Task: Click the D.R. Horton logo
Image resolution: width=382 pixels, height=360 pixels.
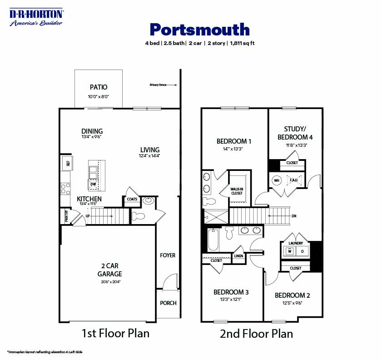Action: [x=36, y=17]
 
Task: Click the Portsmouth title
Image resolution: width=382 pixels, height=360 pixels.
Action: [x=199, y=30]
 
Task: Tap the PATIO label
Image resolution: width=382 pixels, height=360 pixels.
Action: [x=99, y=87]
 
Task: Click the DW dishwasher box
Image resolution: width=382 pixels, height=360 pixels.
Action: [x=93, y=184]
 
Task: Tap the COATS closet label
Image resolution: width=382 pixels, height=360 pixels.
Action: [x=132, y=199]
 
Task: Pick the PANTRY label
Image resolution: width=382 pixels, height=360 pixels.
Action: [x=66, y=216]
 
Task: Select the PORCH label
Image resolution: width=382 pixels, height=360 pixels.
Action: [x=168, y=303]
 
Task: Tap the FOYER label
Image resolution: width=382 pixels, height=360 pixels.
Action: [x=168, y=255]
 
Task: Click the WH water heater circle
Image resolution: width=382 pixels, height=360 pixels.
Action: [x=276, y=180]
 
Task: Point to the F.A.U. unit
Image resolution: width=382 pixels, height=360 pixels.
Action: [x=293, y=180]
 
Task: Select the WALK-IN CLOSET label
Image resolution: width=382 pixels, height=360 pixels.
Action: [x=237, y=191]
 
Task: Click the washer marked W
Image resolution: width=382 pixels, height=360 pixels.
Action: [x=289, y=251]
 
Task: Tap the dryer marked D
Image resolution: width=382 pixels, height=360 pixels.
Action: [x=302, y=251]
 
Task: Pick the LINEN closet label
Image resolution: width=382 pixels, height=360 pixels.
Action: [x=238, y=256]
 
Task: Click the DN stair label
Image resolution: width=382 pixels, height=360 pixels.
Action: [x=294, y=216]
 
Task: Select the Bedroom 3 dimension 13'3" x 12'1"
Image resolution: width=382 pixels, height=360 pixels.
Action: [x=231, y=299]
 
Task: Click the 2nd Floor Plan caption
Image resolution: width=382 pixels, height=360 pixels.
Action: [x=256, y=334]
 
